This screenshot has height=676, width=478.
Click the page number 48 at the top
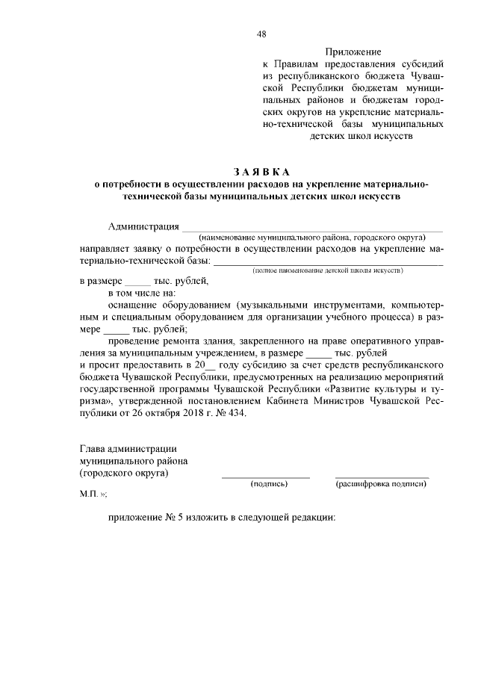262,34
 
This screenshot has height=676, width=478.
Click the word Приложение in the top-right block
353,52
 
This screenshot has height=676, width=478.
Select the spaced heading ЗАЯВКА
261,171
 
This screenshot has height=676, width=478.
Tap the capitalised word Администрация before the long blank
143,227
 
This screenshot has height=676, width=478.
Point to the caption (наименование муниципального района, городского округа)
311,237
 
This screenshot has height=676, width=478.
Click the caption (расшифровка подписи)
381,484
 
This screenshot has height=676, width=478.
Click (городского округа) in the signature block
124,473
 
